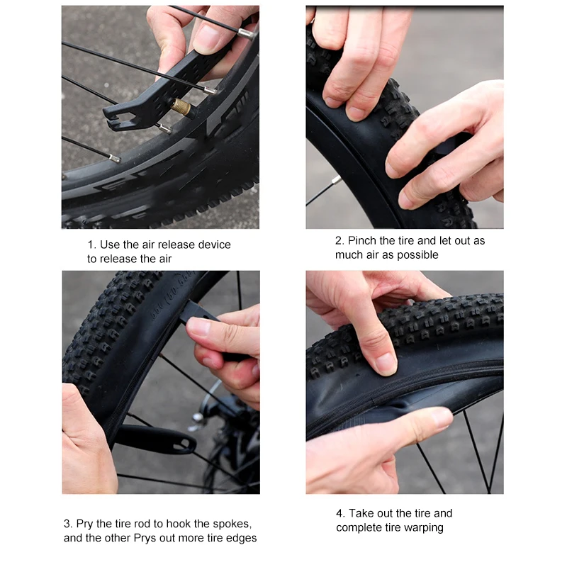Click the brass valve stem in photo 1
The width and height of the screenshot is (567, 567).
[181, 107]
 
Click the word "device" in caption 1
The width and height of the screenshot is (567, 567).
[215, 245]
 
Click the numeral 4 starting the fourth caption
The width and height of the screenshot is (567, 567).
[339, 513]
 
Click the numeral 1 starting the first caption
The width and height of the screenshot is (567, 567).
[91, 245]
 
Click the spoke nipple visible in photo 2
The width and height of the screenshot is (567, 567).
[336, 180]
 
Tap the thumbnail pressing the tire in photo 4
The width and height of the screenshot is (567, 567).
[386, 364]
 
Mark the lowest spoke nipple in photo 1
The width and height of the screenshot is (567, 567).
[114, 158]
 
